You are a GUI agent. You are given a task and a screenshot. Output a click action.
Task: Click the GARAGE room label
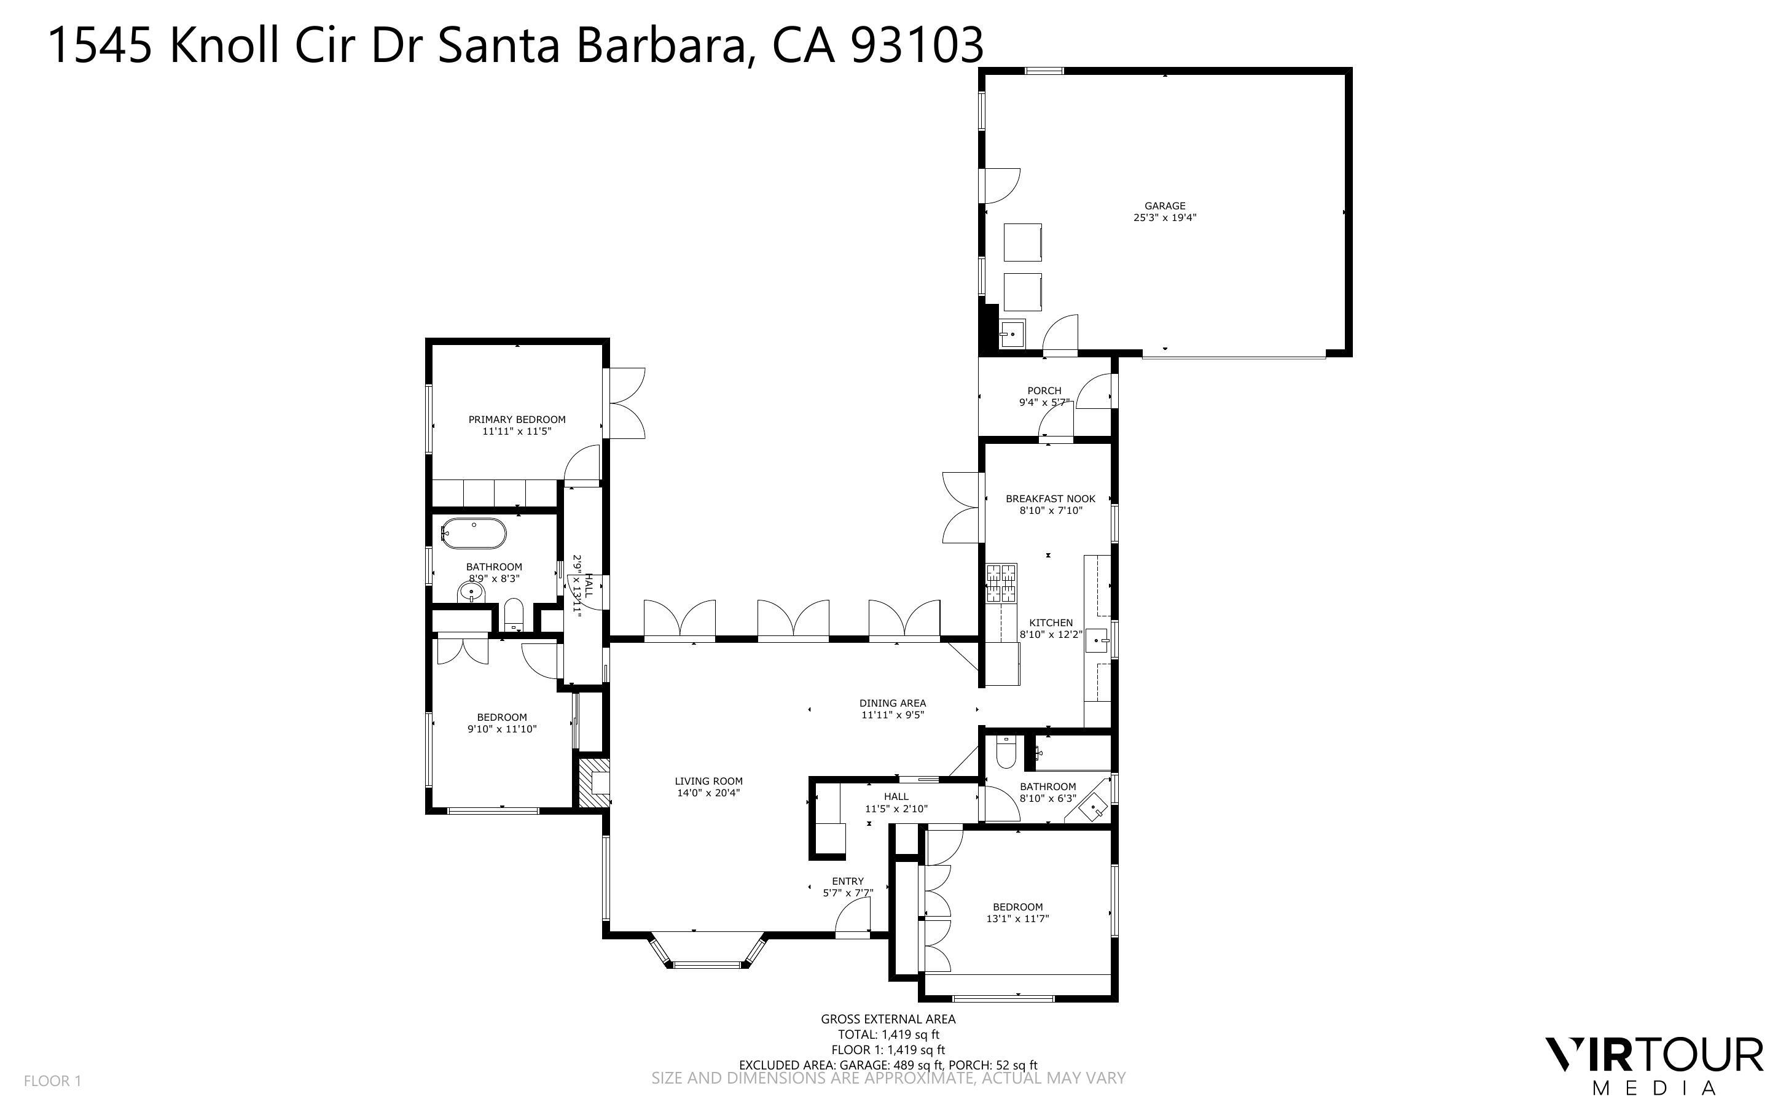[1164, 206]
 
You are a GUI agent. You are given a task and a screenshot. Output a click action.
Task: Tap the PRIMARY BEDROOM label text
[517, 420]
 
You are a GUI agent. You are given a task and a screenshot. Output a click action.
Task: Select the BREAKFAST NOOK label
[1050, 499]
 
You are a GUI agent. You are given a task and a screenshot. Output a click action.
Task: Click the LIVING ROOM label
[709, 782]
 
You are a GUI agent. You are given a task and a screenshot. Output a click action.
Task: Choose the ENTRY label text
[847, 882]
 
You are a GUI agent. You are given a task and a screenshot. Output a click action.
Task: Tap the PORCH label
[1044, 391]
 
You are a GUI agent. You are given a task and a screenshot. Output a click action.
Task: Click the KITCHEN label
[1050, 623]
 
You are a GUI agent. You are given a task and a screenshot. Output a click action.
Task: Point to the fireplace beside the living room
[593, 783]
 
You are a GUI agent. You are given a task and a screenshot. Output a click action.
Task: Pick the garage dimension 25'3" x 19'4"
[1165, 218]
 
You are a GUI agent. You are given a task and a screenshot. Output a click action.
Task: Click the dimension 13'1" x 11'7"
[1017, 918]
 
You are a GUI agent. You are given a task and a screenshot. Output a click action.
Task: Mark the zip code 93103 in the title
[917, 45]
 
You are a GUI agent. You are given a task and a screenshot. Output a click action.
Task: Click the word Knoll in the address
[225, 45]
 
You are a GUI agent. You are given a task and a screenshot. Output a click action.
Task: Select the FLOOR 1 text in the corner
[52, 1081]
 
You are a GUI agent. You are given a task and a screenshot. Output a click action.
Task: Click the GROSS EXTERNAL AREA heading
[888, 1019]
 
